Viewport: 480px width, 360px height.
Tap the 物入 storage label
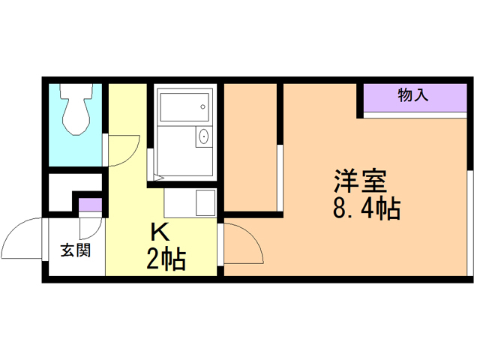pos(413,95)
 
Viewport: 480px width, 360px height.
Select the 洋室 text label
pos(360,182)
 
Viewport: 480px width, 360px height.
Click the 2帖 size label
pos(165,259)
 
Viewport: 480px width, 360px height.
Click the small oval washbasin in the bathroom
pos(202,138)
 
